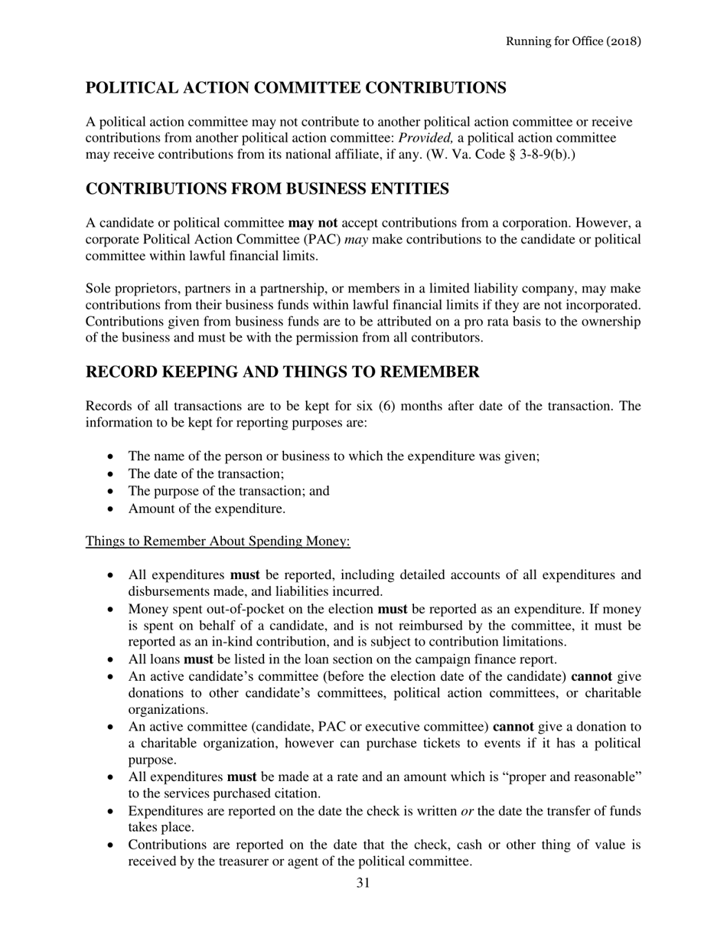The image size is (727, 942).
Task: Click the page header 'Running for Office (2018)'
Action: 573,41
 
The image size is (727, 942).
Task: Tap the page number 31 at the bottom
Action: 363,883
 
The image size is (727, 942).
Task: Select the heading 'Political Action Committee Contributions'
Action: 295,88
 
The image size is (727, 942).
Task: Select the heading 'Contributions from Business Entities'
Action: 267,188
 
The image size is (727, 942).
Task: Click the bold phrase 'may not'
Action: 312,223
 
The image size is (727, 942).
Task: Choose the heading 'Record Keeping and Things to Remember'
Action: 282,372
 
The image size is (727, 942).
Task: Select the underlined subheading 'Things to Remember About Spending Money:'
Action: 218,541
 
